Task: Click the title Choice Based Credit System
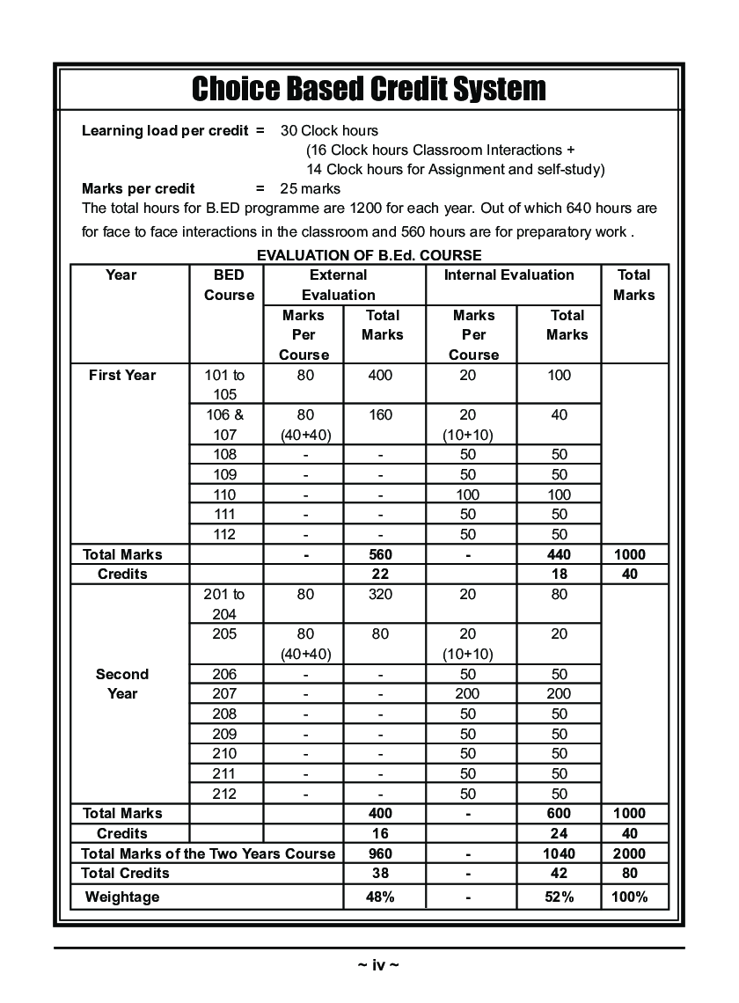(x=369, y=88)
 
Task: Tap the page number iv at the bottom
(x=378, y=965)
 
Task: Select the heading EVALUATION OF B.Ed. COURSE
(x=369, y=255)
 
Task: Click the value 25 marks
(x=310, y=188)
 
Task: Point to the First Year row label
(x=122, y=375)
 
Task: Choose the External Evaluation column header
(x=338, y=285)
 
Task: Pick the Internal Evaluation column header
(x=509, y=275)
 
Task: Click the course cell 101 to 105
(x=225, y=384)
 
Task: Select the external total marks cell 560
(x=380, y=554)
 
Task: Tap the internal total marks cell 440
(x=559, y=554)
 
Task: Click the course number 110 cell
(x=225, y=494)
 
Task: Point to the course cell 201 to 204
(x=225, y=604)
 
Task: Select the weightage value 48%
(x=380, y=897)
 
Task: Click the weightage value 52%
(x=559, y=897)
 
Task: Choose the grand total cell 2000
(x=629, y=853)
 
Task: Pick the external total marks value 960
(x=380, y=853)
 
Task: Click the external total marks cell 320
(x=380, y=594)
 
